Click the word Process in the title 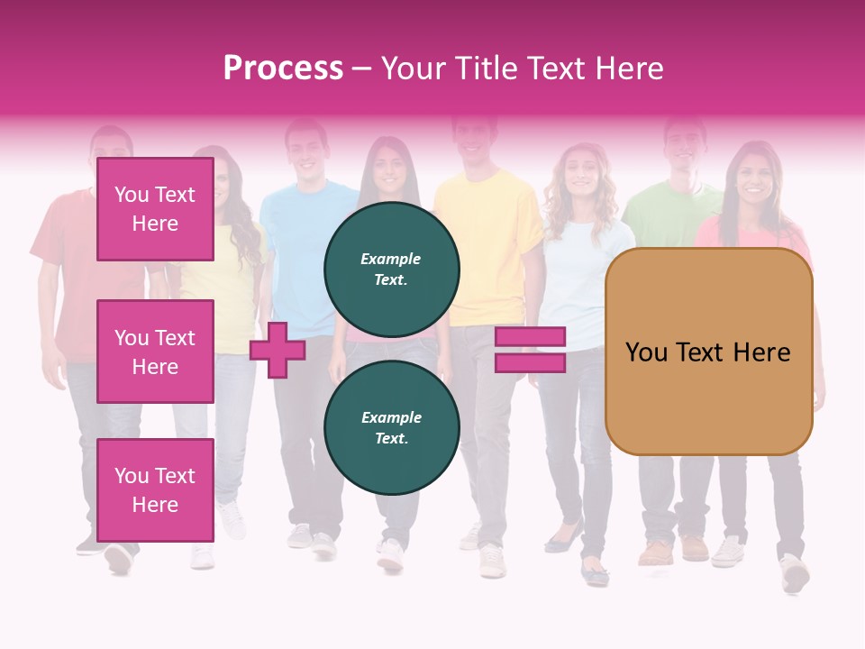point(283,69)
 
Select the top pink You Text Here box point(155,209)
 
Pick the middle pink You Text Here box point(155,352)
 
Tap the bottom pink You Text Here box point(155,489)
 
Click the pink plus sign point(278,350)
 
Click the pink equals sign point(530,350)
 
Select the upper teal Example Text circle point(391,270)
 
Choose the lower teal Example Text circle point(391,428)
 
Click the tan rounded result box point(708,352)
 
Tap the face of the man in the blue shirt point(307,150)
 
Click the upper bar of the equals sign point(530,336)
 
